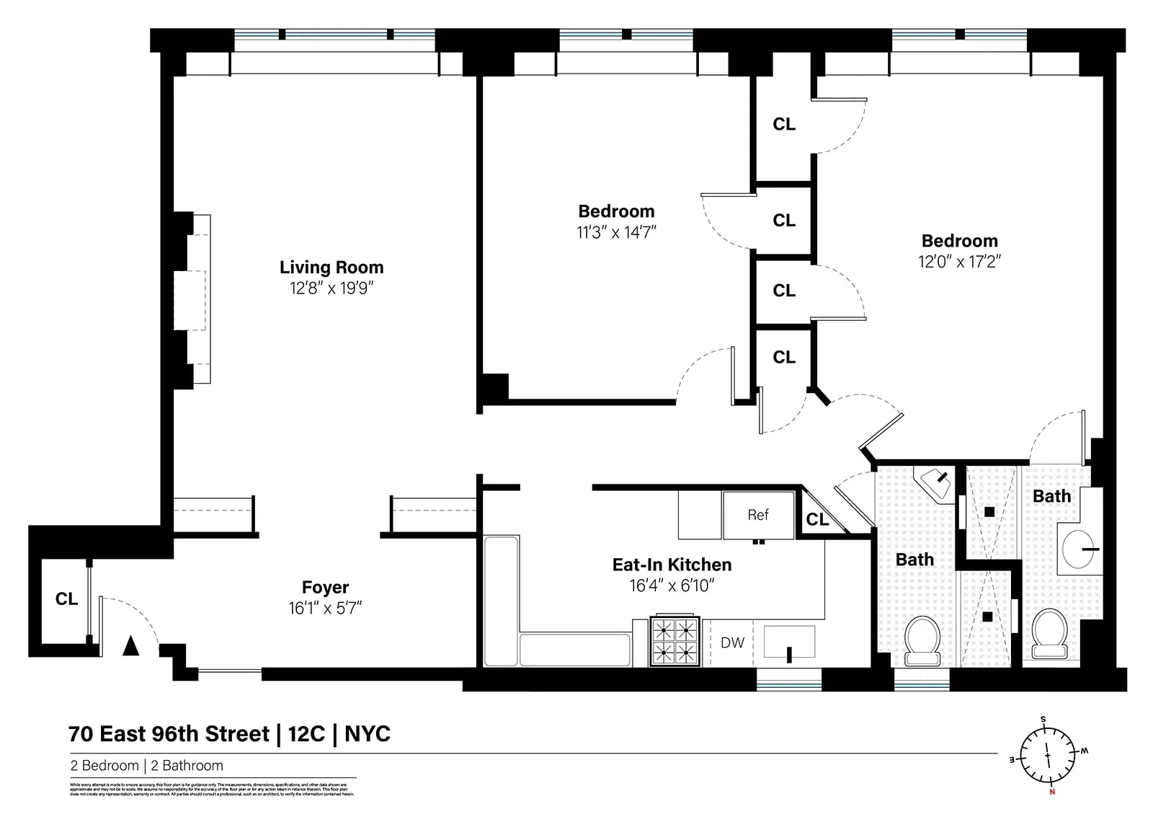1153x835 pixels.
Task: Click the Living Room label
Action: (331, 268)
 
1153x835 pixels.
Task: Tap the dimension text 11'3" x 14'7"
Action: (616, 232)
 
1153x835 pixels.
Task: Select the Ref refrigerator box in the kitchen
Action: (758, 515)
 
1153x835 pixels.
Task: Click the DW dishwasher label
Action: (732, 642)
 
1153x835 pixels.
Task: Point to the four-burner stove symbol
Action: (675, 641)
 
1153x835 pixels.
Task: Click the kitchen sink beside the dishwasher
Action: (789, 642)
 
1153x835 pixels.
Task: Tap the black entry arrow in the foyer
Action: (130, 645)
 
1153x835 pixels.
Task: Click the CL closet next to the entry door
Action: (66, 599)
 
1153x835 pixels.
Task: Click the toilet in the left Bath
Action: (922, 640)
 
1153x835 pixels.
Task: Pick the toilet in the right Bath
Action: (1049, 635)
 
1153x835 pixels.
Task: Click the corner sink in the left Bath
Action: (935, 480)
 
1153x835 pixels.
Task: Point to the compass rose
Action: (1048, 756)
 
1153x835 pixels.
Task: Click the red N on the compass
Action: (1052, 791)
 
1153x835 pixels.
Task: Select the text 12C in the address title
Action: (306, 734)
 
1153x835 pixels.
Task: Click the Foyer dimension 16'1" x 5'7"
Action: (325, 608)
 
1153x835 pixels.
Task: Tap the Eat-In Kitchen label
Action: (672, 565)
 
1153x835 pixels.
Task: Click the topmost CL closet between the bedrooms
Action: (784, 125)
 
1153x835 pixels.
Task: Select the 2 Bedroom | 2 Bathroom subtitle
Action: (147, 766)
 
